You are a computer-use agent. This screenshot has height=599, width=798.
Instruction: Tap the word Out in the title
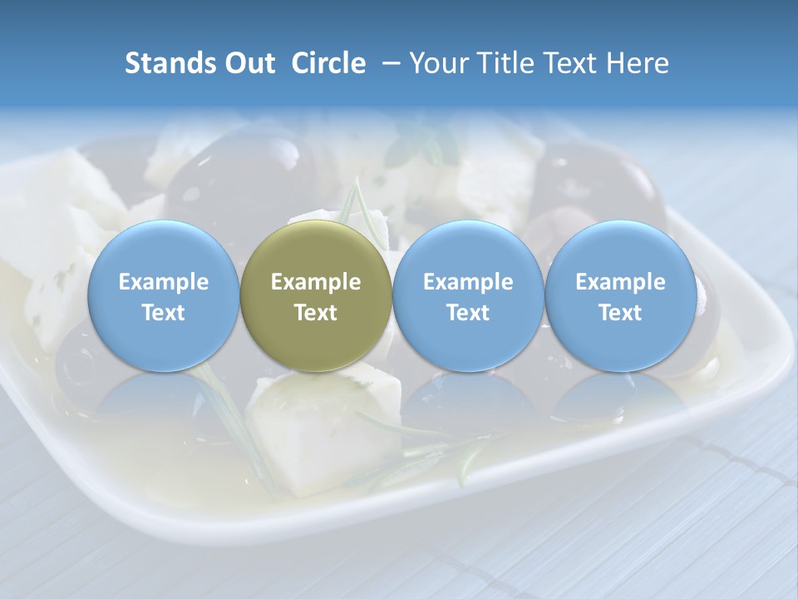coord(247,63)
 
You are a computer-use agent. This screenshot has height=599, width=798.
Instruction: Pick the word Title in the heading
coord(507,63)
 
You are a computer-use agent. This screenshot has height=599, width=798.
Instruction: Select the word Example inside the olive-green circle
coord(316,282)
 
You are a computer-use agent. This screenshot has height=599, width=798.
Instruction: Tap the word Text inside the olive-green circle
coord(316,313)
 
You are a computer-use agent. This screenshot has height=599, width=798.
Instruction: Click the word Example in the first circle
coord(163,282)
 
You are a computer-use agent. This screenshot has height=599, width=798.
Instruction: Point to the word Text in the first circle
coord(163,313)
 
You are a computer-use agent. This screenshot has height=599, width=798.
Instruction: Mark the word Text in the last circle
coord(621,313)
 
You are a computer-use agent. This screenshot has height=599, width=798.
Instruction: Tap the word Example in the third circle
coord(468,282)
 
